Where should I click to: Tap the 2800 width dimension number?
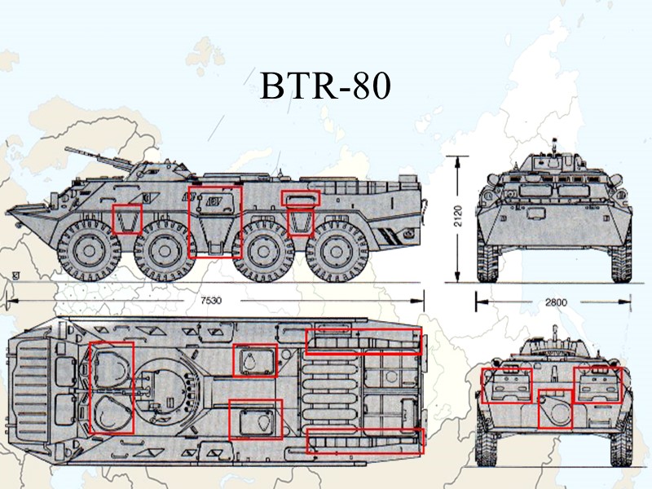tap(555, 302)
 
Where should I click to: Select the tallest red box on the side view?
tap(215, 222)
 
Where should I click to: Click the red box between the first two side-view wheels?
tap(127, 219)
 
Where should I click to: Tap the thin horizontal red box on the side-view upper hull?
tap(301, 197)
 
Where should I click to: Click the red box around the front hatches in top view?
tap(110, 388)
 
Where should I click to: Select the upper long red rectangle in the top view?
tap(363, 341)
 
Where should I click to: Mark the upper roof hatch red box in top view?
tap(254, 359)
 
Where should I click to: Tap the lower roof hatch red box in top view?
tap(255, 420)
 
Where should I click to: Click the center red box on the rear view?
tap(555, 409)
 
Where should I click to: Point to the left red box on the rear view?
tap(506, 385)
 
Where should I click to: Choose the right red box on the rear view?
tap(597, 385)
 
